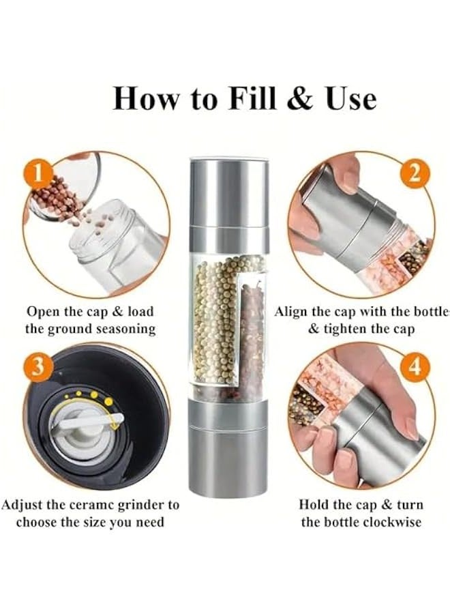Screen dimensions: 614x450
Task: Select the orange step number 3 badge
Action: click(x=39, y=366)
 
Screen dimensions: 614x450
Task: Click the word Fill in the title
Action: click(x=249, y=98)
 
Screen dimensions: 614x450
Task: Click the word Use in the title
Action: click(x=350, y=98)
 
